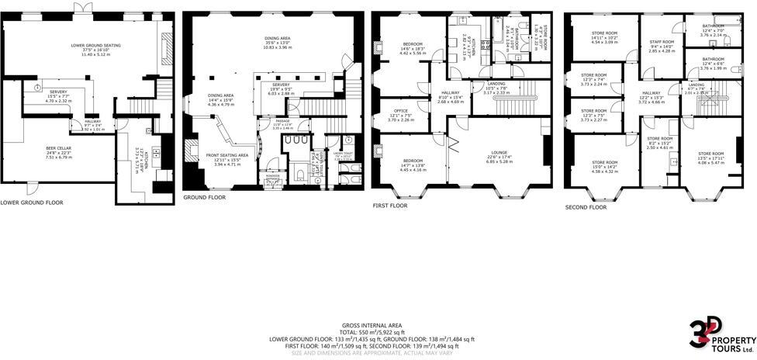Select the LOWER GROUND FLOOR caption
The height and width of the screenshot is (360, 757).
(32, 202)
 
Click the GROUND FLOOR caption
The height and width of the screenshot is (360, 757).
(204, 198)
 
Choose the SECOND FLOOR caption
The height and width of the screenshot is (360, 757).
(586, 207)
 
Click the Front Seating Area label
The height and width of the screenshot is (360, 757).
(227, 155)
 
